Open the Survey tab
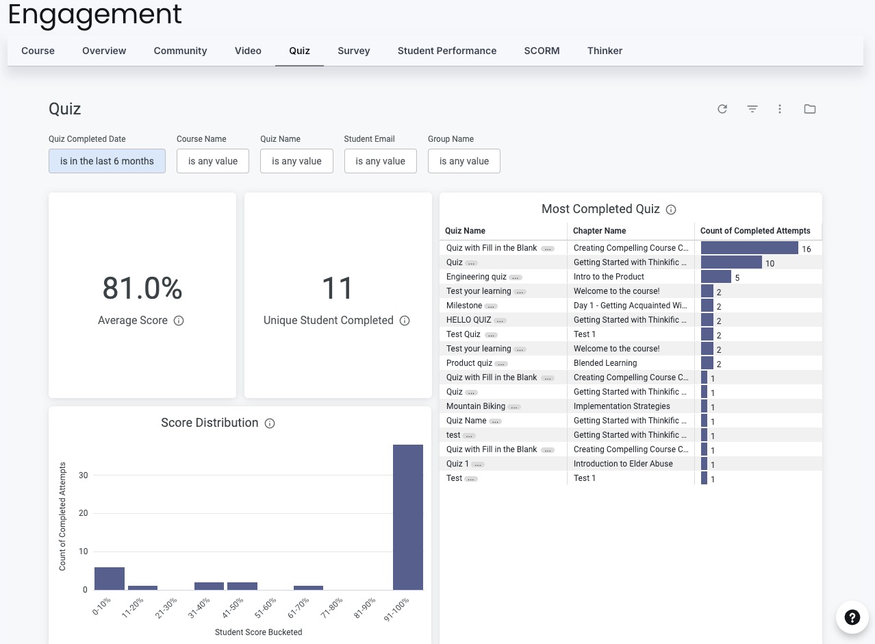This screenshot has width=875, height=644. coord(353,51)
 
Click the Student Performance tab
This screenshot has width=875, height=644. coord(447,51)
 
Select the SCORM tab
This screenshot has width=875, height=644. coord(542,51)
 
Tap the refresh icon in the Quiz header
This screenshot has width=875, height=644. coord(722,109)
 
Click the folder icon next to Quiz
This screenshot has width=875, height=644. coord(810,109)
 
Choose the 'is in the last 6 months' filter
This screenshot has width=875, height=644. coord(107,161)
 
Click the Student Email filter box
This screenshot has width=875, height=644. coord(381,161)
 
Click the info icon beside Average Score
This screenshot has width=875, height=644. coord(179,321)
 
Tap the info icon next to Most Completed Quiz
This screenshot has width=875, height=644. coord(671,210)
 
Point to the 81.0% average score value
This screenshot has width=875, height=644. coord(142,288)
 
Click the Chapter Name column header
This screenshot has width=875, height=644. coord(599,231)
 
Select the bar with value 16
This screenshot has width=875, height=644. coord(749,248)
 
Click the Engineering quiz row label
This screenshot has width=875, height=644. coord(476,277)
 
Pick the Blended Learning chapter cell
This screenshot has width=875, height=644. coord(605,363)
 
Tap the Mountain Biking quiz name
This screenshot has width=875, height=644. coord(475,406)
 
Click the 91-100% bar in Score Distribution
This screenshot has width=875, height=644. coord(408,517)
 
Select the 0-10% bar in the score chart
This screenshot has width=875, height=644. coord(110,578)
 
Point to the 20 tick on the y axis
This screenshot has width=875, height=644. coord(84,513)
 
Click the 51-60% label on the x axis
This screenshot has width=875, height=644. coord(266,608)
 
